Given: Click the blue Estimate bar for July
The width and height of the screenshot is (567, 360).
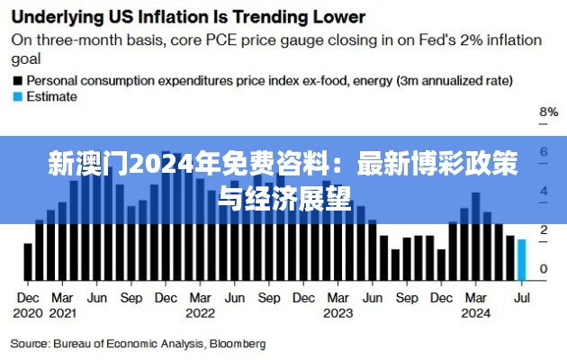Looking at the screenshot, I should coord(522,258).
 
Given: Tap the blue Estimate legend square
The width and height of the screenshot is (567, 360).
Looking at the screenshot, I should coord(16,96).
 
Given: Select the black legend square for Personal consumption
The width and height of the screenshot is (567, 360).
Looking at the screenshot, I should coord(16,80).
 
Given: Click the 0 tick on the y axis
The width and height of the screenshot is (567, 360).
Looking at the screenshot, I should coord(544,269).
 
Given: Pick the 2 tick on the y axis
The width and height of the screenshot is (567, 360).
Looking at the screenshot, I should coord(544,230).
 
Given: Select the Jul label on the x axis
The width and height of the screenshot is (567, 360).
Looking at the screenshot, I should coord(521,297).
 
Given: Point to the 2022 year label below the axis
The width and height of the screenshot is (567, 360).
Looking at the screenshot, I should coord(200,313).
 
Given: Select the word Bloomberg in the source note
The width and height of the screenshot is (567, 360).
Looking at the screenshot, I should coord(238,343).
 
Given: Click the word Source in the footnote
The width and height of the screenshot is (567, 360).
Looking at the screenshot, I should coord(30,343).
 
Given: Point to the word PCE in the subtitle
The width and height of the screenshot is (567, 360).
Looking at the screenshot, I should coord(220,40).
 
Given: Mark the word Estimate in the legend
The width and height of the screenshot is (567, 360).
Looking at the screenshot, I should coord(53,96).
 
